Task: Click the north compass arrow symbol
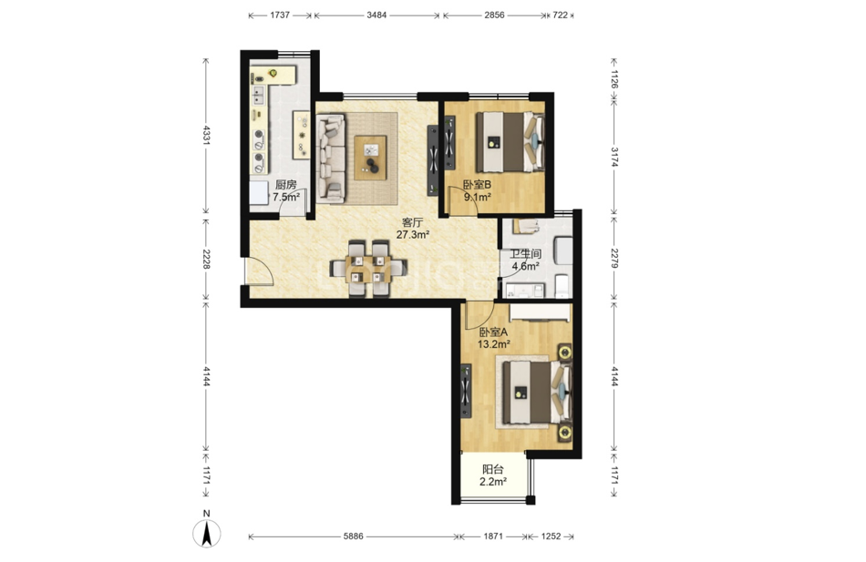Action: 207,533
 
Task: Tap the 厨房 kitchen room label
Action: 285,184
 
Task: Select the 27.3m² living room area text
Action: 413,235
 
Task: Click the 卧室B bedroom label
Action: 477,184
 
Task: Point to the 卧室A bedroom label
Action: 493,332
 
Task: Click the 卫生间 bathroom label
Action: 525,254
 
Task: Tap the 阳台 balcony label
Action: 492,470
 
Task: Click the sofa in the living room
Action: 331,158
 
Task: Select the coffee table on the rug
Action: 371,158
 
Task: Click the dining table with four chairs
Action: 368,269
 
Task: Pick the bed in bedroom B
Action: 510,142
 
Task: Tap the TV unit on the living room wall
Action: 433,160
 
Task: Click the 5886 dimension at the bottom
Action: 353,536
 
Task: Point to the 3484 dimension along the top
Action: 376,15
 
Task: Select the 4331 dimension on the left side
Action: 206,135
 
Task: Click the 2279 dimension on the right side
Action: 614,258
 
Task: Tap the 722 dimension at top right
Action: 560,15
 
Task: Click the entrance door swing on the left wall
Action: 259,271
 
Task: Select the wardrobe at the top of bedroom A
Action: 540,312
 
